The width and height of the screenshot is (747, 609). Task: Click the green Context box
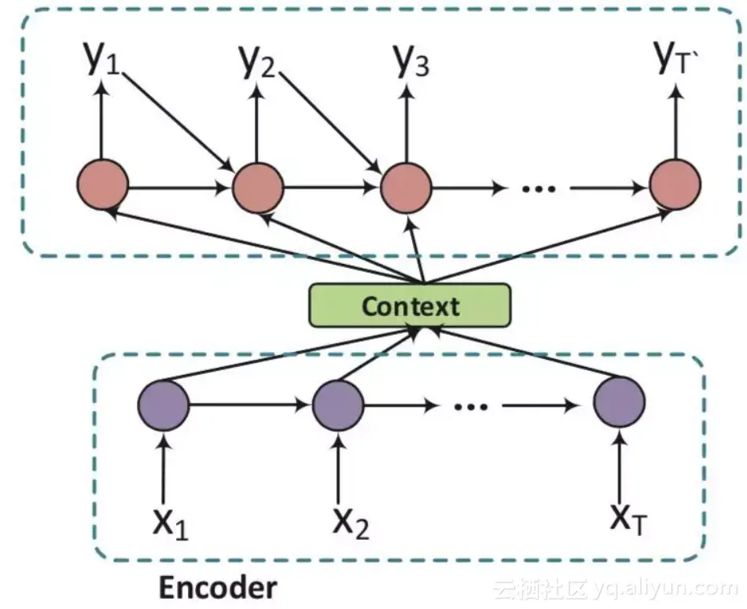pos(410,305)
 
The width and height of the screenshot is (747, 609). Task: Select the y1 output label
pos(102,58)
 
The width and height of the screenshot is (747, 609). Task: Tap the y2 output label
pos(257,61)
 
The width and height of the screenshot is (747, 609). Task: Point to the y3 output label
pos(410,61)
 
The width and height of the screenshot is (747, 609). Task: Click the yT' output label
pos(676,57)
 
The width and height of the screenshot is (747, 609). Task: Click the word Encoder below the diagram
pos(218,588)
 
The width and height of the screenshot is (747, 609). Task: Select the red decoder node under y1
pos(102,185)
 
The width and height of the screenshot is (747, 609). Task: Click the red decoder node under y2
pos(258,187)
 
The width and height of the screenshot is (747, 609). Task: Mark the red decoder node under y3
pos(407,187)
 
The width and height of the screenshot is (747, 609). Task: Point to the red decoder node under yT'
pos(675,185)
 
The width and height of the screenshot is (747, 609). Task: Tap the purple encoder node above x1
pos(164,405)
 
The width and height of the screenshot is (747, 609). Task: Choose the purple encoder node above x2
pos(338,405)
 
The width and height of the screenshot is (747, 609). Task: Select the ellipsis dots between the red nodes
pos(539,189)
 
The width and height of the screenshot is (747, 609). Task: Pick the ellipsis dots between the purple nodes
pos(471,407)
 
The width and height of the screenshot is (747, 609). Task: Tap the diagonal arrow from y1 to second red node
pos(177,121)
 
